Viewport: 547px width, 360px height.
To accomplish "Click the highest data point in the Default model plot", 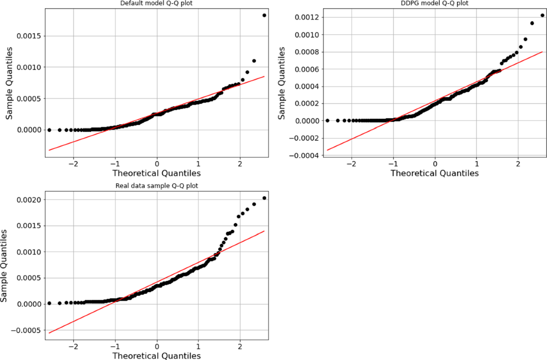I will [264, 15].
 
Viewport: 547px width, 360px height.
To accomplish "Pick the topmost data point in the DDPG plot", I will [542, 15].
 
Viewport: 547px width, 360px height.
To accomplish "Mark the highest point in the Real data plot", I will [264, 198].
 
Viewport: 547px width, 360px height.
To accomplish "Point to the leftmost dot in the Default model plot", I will [49, 130].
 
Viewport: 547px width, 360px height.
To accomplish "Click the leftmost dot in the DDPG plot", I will [327, 120].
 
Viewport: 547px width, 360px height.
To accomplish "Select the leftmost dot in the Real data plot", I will [49, 303].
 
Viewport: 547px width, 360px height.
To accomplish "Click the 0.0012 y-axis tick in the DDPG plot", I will [307, 17].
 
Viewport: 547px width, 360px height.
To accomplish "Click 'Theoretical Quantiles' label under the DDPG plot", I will [434, 173].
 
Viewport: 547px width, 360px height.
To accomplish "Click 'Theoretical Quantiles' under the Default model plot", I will [157, 173].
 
